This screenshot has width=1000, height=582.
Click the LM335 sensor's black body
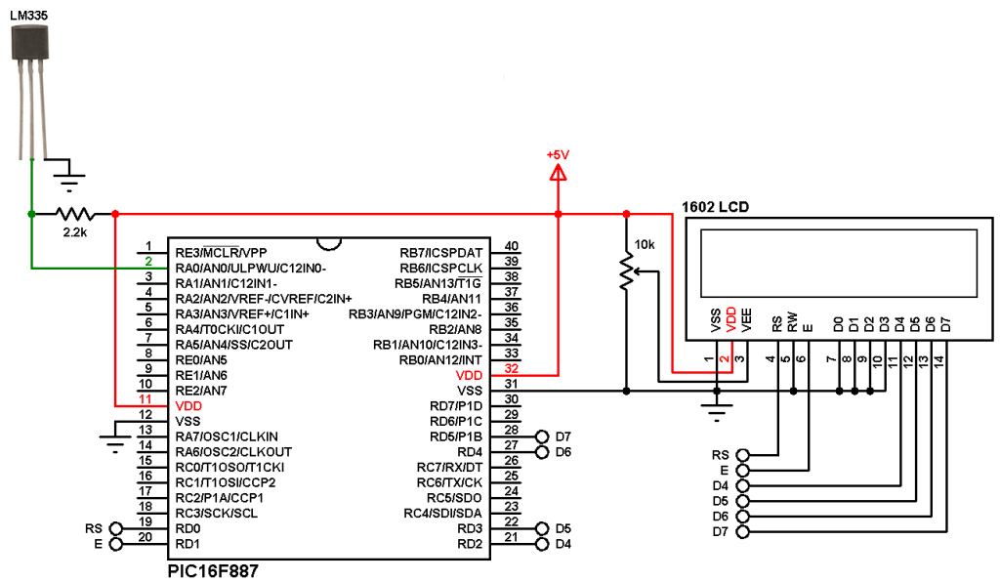30,43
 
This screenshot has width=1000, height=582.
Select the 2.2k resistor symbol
75,214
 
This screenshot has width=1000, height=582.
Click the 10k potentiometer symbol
628,271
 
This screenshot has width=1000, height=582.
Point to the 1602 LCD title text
715,207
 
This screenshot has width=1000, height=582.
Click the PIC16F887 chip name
213,570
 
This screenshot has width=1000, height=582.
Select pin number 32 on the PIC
512,368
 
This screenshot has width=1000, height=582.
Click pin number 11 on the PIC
146,399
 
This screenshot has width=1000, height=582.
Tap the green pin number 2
148,262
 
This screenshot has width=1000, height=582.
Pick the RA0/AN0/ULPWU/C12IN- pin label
251,269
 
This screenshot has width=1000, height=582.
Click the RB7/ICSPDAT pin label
441,253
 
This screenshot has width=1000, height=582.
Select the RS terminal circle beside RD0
115,528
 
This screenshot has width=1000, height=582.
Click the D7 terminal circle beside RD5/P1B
542,436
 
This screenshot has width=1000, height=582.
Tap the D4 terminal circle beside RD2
542,544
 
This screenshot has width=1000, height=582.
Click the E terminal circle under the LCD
742,471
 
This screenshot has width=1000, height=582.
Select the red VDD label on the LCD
731,319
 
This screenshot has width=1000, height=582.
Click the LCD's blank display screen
839,264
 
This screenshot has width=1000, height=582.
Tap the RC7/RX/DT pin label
449,467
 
